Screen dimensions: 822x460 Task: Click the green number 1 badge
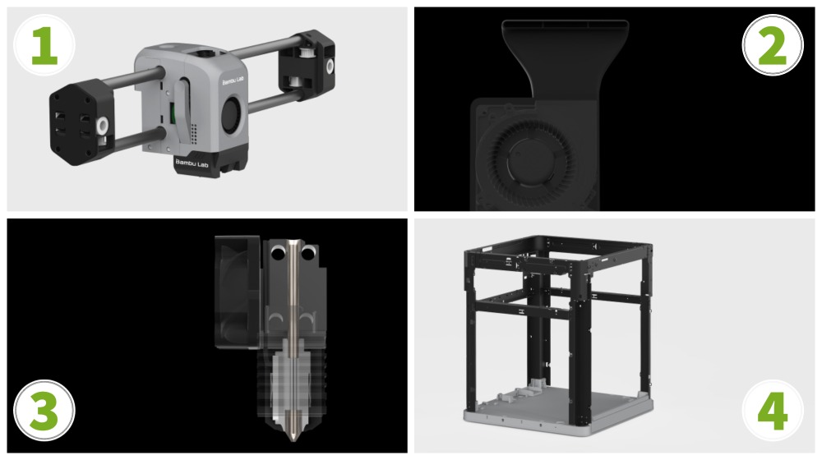(44, 45)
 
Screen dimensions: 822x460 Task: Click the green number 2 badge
(772, 45)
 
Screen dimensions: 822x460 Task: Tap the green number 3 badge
(44, 411)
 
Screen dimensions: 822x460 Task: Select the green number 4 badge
(772, 411)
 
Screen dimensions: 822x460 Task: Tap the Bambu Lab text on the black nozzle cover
(192, 163)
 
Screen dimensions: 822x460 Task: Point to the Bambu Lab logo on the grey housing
(233, 80)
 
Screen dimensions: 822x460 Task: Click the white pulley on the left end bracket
(102, 124)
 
